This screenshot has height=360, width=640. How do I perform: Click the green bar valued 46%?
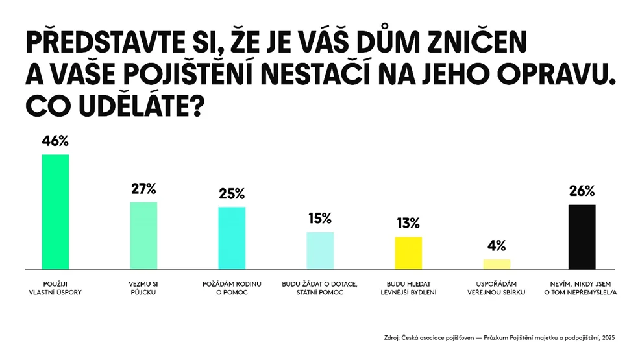tap(56, 211)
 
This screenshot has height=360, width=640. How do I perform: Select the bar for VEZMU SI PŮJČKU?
tap(143, 235)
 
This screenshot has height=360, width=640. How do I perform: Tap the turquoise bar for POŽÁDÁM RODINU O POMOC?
tap(232, 238)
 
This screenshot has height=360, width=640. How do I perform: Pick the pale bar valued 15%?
tap(320, 250)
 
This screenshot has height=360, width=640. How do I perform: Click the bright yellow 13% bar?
tap(408, 253)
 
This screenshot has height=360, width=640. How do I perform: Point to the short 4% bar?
tap(497, 264)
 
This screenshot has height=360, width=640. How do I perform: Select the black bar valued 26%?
tap(582, 237)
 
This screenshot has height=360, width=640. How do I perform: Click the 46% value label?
tap(55, 141)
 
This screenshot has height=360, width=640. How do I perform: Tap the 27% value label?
tap(143, 189)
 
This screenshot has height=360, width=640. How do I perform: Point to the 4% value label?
tap(497, 246)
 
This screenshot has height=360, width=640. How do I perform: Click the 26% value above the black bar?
tap(582, 191)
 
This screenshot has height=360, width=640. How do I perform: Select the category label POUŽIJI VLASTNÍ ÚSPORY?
tap(56, 288)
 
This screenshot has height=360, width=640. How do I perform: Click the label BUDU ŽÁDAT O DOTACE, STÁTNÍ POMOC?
tap(319, 288)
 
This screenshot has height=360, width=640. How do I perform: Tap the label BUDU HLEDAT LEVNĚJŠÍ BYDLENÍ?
tap(408, 288)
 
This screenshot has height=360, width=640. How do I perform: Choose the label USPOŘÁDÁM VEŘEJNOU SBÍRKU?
tap(497, 288)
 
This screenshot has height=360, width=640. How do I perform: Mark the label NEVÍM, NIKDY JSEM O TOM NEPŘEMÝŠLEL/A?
tap(580, 288)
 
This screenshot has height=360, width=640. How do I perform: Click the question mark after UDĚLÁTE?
tap(197, 107)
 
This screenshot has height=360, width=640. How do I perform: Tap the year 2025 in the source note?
tap(608, 337)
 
